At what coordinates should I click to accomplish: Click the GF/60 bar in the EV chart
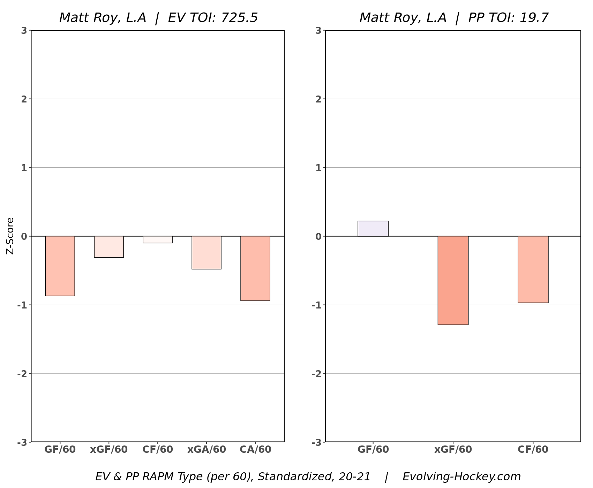60,266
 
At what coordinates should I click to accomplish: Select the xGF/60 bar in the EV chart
109,247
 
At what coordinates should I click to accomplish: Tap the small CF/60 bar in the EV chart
158,239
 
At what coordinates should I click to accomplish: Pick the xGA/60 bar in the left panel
207,253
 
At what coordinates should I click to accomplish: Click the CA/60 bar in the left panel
255,268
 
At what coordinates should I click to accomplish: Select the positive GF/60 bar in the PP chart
373,229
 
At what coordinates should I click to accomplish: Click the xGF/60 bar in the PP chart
453,280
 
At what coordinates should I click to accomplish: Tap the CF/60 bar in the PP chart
533,269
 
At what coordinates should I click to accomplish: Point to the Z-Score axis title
10,236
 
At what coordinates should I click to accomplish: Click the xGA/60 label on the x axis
207,450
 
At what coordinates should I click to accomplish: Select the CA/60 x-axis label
255,450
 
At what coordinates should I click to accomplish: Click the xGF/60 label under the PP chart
453,450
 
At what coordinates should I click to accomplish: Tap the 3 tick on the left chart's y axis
24,31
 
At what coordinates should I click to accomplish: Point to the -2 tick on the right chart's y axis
316,374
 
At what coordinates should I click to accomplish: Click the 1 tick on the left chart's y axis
24,168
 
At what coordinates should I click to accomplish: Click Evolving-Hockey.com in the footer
461,476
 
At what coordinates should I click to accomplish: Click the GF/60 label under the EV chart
60,450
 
